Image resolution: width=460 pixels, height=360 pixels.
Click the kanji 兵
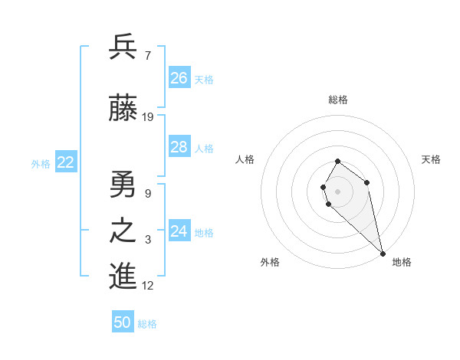tap(123, 47)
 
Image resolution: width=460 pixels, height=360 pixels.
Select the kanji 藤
tap(123, 109)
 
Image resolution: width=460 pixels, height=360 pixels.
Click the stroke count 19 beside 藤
tap(149, 117)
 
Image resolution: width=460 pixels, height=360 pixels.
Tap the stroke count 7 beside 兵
tap(147, 56)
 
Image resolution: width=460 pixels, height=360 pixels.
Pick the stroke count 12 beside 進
tap(149, 286)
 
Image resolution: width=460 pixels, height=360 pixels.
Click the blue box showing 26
tap(179, 78)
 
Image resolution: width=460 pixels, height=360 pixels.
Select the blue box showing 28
tap(179, 147)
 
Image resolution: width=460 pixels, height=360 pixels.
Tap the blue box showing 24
tap(179, 231)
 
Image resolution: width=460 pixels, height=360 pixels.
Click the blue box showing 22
tap(66, 162)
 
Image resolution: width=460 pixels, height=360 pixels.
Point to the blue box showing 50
tap(123, 322)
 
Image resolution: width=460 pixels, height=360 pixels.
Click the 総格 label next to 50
tap(147, 324)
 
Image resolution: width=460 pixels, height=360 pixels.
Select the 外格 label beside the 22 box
tap(41, 164)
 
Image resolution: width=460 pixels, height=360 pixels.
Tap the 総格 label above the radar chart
tap(338, 100)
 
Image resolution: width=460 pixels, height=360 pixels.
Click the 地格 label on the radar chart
tap(402, 262)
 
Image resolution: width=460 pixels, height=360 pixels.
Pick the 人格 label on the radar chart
tap(245, 159)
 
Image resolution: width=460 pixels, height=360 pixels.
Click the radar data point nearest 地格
tap(383, 254)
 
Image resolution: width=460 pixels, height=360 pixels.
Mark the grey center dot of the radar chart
tap(338, 191)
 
